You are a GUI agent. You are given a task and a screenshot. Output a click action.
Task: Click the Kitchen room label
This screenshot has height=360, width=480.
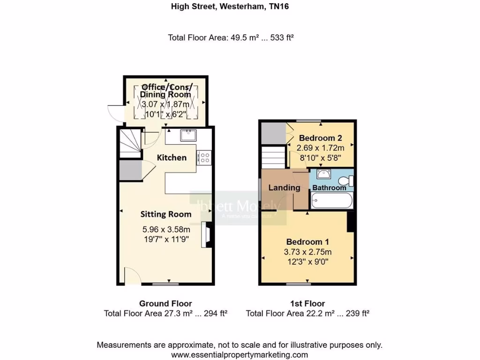click(x=172, y=157)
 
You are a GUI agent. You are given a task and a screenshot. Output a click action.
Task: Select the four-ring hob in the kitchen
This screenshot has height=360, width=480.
click(x=205, y=158)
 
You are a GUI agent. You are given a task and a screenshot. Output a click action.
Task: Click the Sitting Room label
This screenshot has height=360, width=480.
click(x=166, y=214)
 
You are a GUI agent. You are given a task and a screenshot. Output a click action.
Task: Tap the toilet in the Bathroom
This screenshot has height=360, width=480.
click(x=345, y=180)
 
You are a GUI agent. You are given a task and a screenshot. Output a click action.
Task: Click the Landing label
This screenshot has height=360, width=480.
click(x=284, y=187)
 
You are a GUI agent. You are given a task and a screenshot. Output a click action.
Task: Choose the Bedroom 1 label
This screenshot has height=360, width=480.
click(x=307, y=242)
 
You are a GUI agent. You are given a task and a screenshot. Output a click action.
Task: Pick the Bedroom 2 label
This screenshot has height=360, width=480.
click(x=320, y=138)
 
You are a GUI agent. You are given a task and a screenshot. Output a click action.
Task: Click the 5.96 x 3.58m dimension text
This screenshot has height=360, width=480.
click(x=166, y=230)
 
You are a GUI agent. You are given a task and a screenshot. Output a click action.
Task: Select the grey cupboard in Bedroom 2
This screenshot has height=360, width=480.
click(x=272, y=133)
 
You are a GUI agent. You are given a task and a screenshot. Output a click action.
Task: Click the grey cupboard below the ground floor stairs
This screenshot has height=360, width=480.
click(x=130, y=171)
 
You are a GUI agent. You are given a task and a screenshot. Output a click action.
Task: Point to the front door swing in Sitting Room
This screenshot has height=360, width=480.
click(x=132, y=277)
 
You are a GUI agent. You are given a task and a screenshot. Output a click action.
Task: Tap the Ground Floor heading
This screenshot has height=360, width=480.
click(x=165, y=304)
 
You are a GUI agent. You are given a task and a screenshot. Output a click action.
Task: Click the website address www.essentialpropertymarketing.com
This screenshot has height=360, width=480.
click(x=240, y=355)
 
